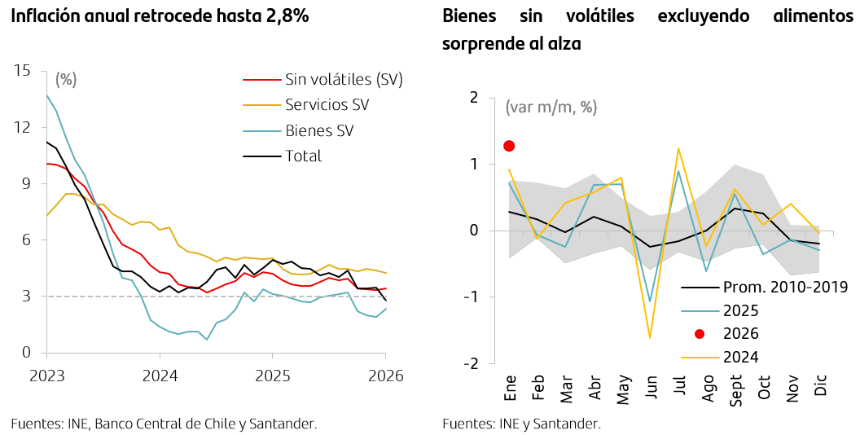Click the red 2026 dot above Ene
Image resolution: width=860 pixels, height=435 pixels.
(x=509, y=146)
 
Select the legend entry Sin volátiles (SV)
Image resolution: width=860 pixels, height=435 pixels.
(x=344, y=79)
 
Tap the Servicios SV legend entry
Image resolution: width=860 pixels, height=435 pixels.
(x=327, y=104)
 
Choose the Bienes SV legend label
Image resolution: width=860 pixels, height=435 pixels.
(x=319, y=130)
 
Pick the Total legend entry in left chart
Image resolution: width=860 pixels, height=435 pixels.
(x=303, y=156)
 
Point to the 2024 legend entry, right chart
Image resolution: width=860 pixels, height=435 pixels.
(x=740, y=356)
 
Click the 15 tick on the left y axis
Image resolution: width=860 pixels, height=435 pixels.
(x=22, y=71)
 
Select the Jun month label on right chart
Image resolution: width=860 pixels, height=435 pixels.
(x=652, y=386)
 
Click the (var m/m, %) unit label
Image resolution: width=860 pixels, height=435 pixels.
(x=551, y=107)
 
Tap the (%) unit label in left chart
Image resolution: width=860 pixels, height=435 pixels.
(x=66, y=79)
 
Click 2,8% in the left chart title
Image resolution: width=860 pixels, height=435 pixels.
(x=287, y=16)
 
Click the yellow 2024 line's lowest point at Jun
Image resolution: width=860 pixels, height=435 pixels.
(x=650, y=337)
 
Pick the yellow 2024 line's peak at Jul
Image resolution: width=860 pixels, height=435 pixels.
(x=678, y=148)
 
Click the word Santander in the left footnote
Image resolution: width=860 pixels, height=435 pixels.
(x=281, y=424)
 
